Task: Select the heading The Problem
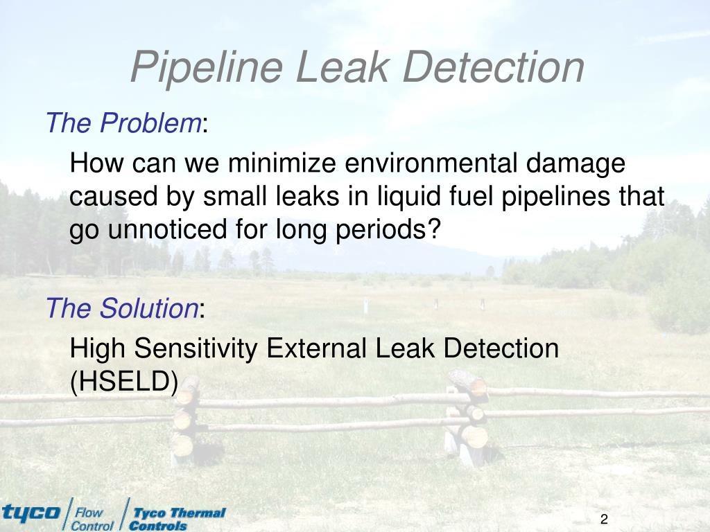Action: [123, 123]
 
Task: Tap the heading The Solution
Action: [122, 308]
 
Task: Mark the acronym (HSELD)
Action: [124, 381]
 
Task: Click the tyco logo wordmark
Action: [31, 513]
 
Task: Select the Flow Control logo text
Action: [92, 519]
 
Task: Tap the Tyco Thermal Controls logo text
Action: [178, 519]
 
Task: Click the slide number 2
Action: [604, 520]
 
